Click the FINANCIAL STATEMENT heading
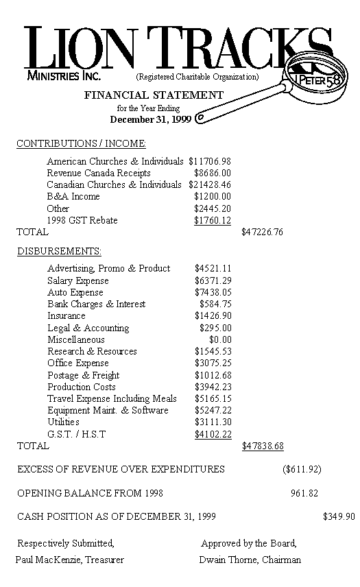point(154,95)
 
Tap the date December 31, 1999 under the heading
point(150,119)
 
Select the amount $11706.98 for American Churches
point(209,161)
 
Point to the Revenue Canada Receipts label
point(99,173)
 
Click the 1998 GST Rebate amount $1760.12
point(213,220)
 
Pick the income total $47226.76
point(263,232)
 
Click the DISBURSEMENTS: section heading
point(60,252)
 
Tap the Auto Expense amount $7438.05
point(213,292)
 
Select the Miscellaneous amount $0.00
point(220,339)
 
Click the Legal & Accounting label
point(88,328)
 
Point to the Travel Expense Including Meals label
point(112,398)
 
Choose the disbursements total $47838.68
point(263,446)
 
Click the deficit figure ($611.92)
point(302,470)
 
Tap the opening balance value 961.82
point(304,493)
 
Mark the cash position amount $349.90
point(339,516)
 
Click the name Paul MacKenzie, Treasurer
point(70,560)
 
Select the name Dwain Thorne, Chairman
point(250,560)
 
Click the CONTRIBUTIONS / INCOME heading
point(81,143)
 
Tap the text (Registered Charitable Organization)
point(197,77)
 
